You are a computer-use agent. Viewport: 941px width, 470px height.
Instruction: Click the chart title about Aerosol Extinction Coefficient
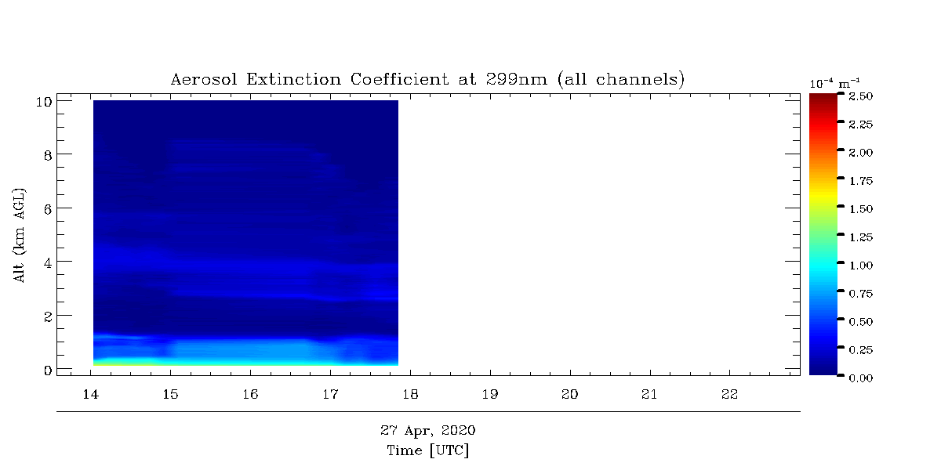[x=427, y=79]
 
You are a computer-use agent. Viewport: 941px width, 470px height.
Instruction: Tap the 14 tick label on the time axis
[x=91, y=395]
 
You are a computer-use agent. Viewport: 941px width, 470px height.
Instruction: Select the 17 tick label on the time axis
[x=330, y=395]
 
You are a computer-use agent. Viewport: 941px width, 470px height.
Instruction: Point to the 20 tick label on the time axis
[x=569, y=395]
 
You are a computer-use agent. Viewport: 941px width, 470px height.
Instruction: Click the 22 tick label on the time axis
[x=729, y=395]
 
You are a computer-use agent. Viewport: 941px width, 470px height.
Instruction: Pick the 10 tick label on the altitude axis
[x=44, y=102]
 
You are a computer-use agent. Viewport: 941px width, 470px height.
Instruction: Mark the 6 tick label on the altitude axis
[x=48, y=209]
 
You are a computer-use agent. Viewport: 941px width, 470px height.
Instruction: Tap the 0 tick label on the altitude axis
[x=48, y=371]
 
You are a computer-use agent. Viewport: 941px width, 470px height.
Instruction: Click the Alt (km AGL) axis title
[x=20, y=236]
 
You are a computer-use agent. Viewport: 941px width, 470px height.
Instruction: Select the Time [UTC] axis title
[x=427, y=450]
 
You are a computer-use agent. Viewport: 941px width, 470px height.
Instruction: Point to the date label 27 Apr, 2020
[x=427, y=431]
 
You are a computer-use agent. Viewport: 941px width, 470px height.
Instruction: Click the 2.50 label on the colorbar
[x=861, y=96]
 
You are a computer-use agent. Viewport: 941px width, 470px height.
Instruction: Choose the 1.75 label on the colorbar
[x=861, y=181]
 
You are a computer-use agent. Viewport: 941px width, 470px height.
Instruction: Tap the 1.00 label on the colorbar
[x=861, y=266]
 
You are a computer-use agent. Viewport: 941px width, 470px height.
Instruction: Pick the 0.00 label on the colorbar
[x=861, y=378]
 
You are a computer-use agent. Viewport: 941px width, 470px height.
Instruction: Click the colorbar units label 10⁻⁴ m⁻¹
[x=834, y=84]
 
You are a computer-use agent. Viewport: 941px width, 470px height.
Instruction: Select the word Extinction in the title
[x=293, y=79]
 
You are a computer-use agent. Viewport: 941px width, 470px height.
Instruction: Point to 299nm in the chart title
[x=517, y=79]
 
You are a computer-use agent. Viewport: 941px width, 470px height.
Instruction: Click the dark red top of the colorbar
[x=823, y=97]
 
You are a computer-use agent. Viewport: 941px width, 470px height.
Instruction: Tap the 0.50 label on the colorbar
[x=861, y=322]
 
